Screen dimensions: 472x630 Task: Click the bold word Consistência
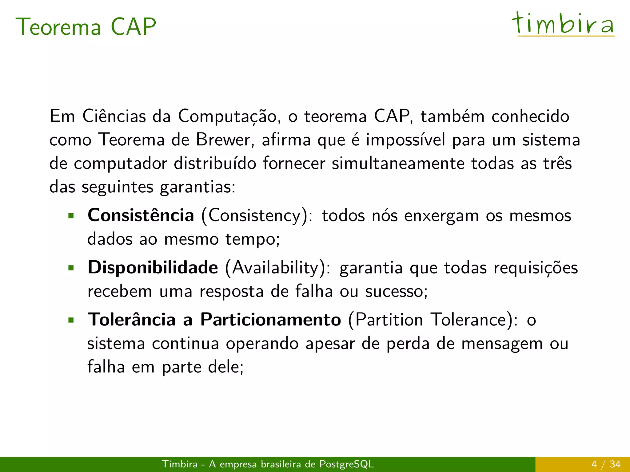click(141, 215)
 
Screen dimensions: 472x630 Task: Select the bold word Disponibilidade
click(153, 267)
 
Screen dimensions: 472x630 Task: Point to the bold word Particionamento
click(271, 320)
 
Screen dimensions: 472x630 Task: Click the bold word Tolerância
click(132, 320)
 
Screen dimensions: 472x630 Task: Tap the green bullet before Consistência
click(71, 216)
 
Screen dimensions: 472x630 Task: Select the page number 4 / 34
click(606, 464)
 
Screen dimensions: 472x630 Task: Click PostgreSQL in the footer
click(346, 464)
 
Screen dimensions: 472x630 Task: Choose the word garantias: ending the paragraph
click(198, 187)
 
